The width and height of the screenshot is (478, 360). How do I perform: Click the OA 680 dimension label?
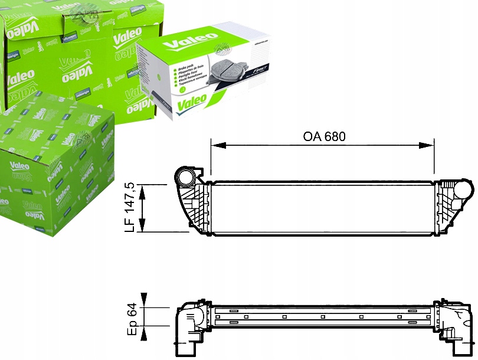(323, 136)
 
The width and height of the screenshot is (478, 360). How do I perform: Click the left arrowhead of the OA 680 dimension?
(214, 144)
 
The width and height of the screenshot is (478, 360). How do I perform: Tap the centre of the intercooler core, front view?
(323, 208)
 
